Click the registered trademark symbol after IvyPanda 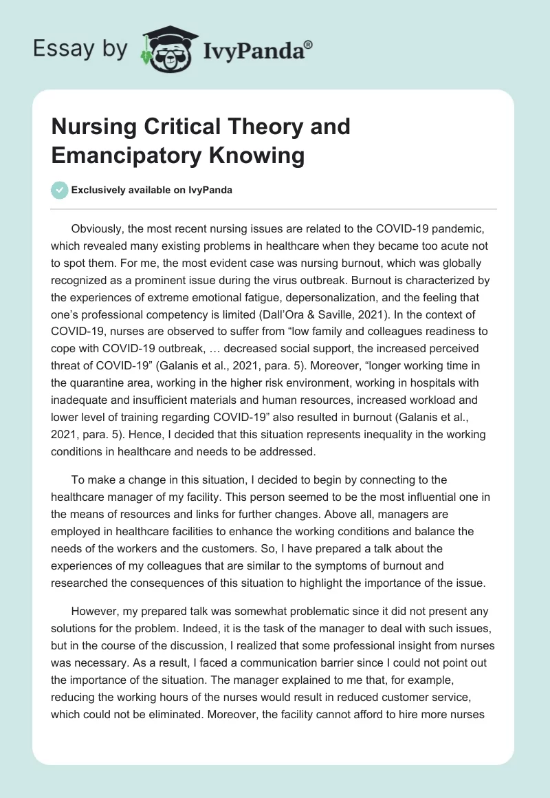pos(308,43)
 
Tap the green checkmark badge pos(60,190)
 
